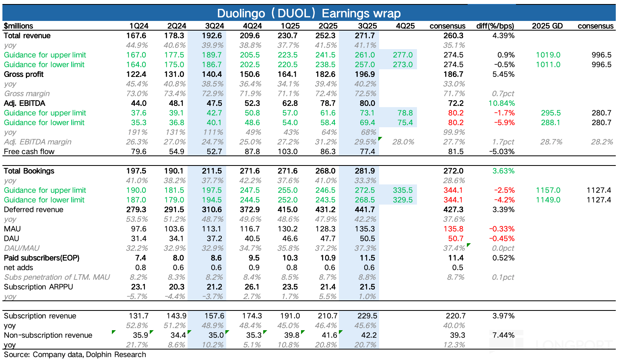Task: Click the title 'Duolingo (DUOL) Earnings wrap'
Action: point(309,13)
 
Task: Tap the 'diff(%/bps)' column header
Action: point(495,26)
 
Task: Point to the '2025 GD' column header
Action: point(547,26)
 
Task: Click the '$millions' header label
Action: point(19,26)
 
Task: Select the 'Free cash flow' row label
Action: point(29,152)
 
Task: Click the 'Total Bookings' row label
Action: point(29,171)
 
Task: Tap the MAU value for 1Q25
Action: point(287,229)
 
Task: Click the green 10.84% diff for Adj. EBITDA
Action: point(501,103)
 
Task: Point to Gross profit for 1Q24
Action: point(136,74)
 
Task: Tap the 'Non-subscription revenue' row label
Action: point(48,335)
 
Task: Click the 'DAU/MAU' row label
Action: point(22,248)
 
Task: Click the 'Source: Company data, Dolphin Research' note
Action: point(75,355)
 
